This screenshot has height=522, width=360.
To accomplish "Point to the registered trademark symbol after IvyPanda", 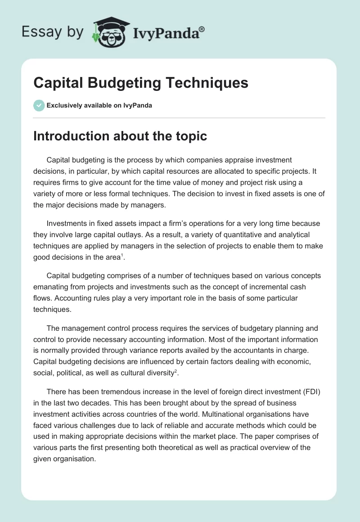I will pyautogui.click(x=202, y=29).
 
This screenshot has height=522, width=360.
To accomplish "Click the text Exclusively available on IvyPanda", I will pyautogui.click(x=99, y=106).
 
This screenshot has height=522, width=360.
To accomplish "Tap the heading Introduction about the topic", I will pyautogui.click(x=120, y=136).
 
